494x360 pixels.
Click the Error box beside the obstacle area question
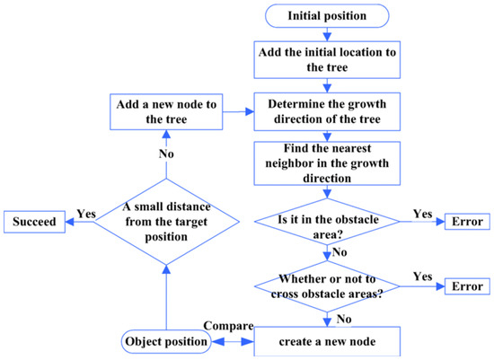(466, 221)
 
